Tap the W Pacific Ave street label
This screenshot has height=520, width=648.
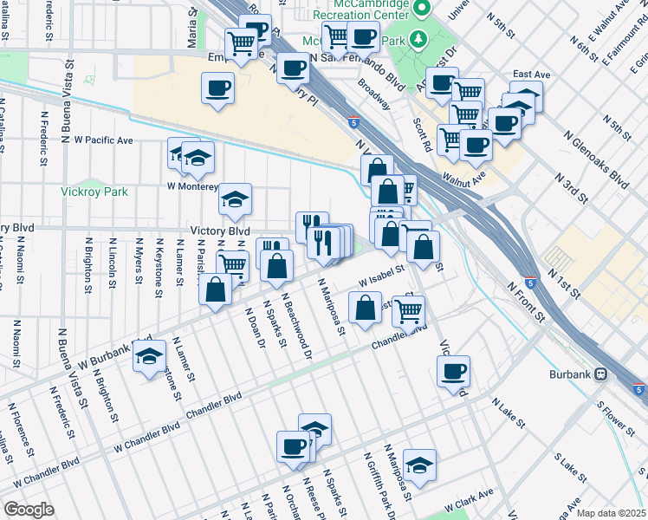click(x=103, y=139)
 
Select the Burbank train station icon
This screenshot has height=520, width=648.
click(x=600, y=374)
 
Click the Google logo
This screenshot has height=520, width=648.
click(x=29, y=509)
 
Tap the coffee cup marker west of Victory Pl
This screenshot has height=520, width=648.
click(x=217, y=88)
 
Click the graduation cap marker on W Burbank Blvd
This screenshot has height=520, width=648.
click(x=149, y=355)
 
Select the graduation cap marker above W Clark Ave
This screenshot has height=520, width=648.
click(x=419, y=465)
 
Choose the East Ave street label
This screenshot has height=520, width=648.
click(x=532, y=75)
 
